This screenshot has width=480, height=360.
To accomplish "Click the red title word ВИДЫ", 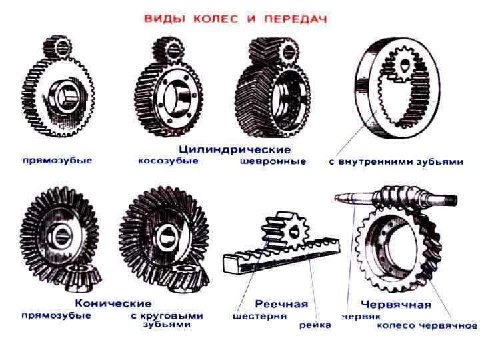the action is tap(165, 19).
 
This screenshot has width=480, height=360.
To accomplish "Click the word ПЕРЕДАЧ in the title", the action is tap(296, 19).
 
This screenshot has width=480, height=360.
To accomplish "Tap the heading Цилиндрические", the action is tap(235, 150).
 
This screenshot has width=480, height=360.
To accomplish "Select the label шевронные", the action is tap(273, 161).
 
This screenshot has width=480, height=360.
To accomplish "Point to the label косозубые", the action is tap(169, 161).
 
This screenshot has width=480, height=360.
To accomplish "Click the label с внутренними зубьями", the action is tap(397, 161).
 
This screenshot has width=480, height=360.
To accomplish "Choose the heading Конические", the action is tap(113, 303).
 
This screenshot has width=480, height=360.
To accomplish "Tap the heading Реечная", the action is tap(281, 304).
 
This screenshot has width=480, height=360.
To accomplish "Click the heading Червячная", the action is tap(396, 305).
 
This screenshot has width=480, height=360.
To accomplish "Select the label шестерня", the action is tap(259, 316).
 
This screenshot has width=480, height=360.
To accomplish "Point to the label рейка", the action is tap(315, 325).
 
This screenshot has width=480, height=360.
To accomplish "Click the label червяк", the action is tap(361, 316).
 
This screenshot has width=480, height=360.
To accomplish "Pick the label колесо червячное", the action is tap(427, 325).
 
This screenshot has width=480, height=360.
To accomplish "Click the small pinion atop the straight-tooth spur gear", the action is tap(57, 48).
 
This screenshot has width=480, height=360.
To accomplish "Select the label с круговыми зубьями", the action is tap(167, 320).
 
